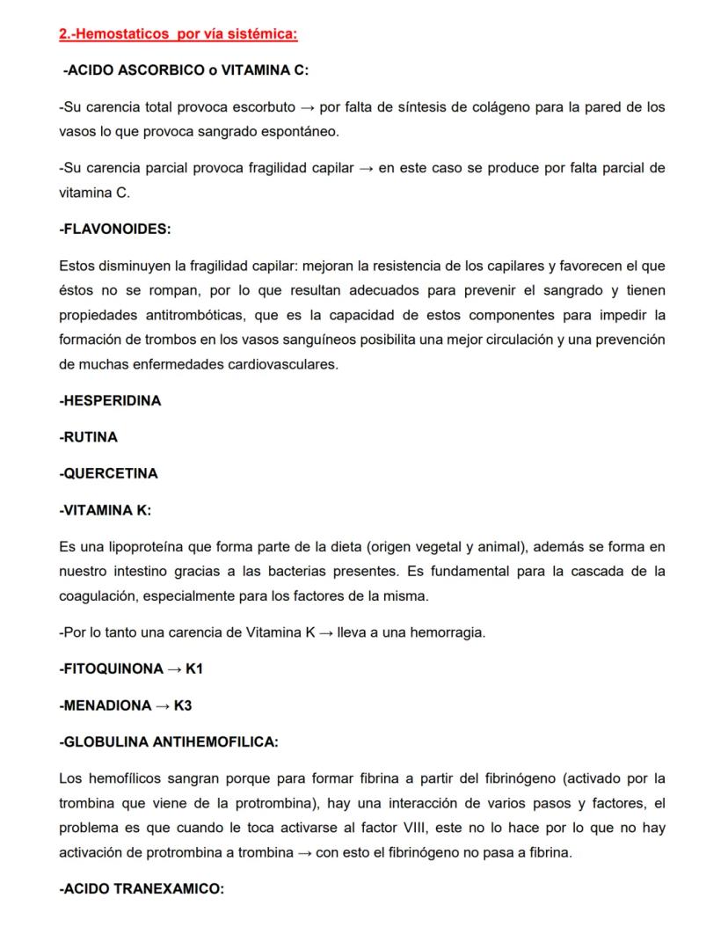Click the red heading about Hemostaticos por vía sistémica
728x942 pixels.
click(178, 34)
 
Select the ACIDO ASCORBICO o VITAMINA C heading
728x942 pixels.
click(186, 70)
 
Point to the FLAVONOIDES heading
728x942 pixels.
click(114, 229)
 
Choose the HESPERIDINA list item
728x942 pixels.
click(110, 400)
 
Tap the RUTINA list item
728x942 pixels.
click(88, 437)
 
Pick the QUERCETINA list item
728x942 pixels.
click(108, 473)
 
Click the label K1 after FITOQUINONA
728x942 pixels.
click(194, 668)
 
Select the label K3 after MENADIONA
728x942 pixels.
click(183, 705)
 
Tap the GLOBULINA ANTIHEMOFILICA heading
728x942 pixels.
click(168, 742)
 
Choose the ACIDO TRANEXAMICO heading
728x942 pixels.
click(141, 888)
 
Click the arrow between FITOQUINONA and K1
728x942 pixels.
click(176, 668)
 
